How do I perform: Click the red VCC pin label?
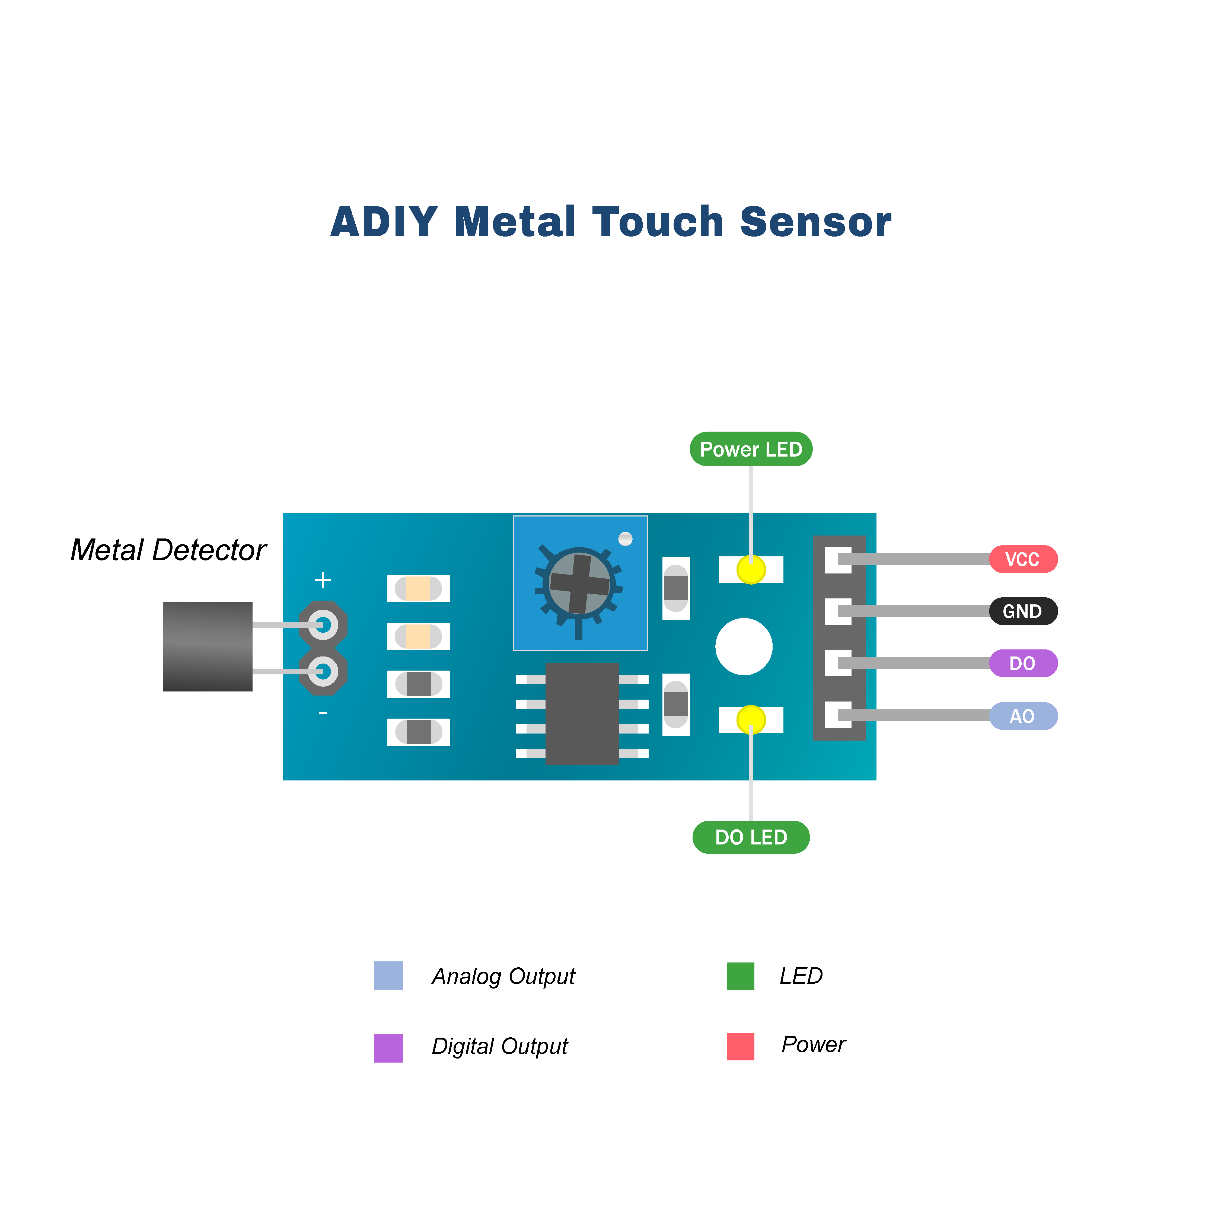[1022, 559]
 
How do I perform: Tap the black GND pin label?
[1022, 611]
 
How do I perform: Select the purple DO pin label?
[1022, 664]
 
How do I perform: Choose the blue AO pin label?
[1022, 716]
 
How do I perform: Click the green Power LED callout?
[751, 449]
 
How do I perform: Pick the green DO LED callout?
[751, 837]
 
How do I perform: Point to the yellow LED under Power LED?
[751, 569]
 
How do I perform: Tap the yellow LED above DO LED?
[751, 719]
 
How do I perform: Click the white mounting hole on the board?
[744, 646]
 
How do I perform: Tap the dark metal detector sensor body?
[207, 646]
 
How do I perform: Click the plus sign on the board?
[323, 579]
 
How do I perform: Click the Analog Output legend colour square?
[389, 976]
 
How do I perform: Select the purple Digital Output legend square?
[389, 1048]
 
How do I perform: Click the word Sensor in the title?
[815, 222]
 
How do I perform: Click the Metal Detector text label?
[168, 550]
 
